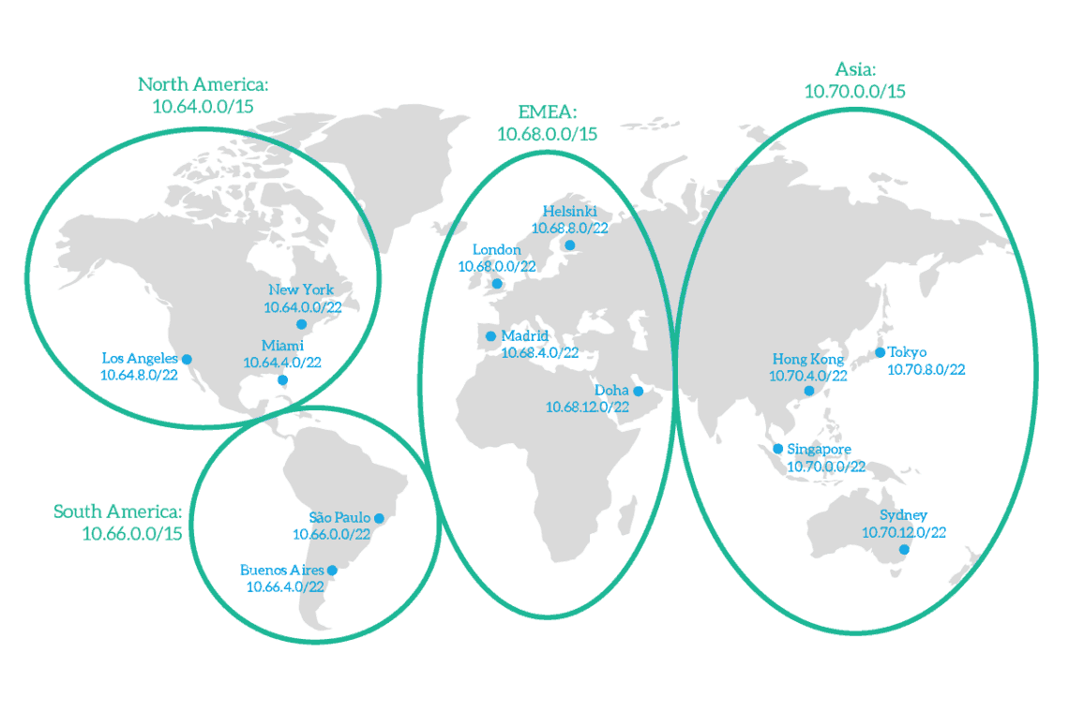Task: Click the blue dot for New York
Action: (x=301, y=324)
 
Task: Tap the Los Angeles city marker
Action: (x=187, y=359)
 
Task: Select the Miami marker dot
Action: (x=282, y=380)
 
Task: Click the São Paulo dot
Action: (x=379, y=518)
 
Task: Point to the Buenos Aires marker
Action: (x=331, y=570)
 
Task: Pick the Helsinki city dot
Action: (x=569, y=245)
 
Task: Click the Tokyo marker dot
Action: (x=880, y=352)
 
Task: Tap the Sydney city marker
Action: (x=904, y=550)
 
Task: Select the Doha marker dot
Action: (x=638, y=391)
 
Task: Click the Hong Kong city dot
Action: (x=809, y=391)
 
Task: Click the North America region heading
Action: (x=203, y=85)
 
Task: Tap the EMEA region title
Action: (x=548, y=113)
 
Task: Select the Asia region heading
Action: (x=855, y=70)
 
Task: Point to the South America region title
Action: (x=117, y=512)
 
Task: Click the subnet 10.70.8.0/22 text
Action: (x=926, y=369)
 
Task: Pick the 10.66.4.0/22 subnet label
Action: (x=285, y=586)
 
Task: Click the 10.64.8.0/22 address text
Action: (x=139, y=375)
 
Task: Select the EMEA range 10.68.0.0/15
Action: (x=548, y=134)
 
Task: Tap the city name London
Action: (x=496, y=249)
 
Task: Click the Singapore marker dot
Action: (x=777, y=449)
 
